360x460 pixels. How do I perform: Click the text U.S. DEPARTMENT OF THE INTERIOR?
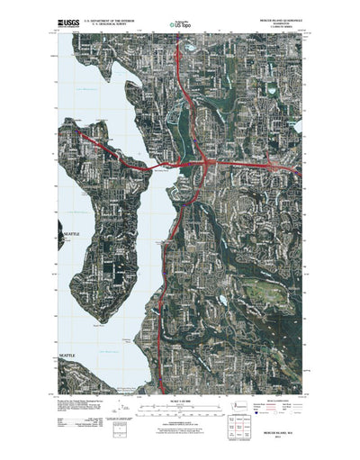[x=104, y=16]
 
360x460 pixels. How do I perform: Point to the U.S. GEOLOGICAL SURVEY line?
[x=104, y=21]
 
